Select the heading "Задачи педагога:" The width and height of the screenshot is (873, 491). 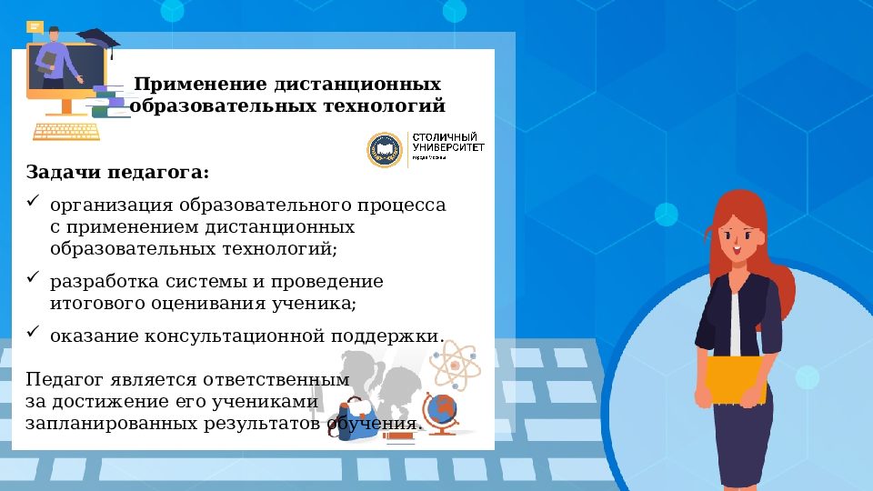117,172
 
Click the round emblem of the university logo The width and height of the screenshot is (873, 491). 384,150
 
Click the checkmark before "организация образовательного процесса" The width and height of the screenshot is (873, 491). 34,201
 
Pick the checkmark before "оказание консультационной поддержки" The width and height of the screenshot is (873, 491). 34,332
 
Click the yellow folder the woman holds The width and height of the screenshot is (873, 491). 737,379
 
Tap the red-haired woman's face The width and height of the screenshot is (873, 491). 745,236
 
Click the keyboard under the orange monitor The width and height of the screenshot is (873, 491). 65,132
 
